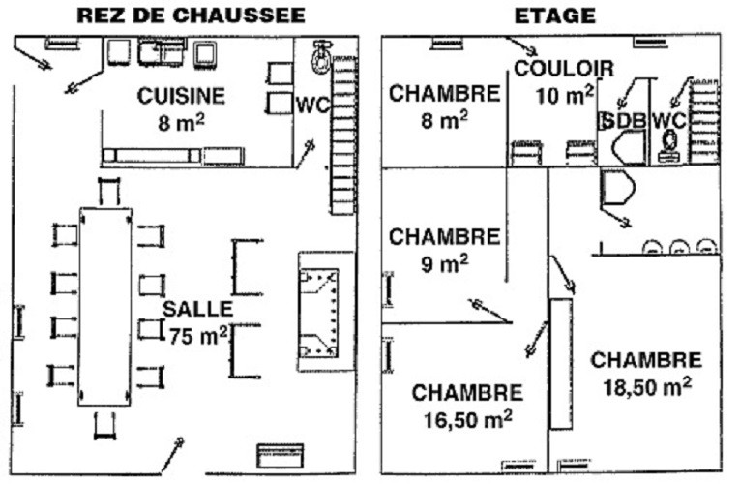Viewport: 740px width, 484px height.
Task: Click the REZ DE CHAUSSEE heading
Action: [191, 15]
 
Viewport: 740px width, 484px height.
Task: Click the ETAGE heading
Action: [554, 15]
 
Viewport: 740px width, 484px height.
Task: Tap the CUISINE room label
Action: [181, 96]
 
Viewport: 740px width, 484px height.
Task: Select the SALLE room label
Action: [197, 309]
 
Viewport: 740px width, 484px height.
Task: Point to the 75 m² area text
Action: [198, 336]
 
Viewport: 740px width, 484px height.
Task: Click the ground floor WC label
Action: [312, 106]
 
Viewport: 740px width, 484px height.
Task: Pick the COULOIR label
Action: [564, 69]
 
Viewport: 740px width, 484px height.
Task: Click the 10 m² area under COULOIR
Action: [565, 96]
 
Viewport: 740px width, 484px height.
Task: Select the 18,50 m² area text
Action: [647, 387]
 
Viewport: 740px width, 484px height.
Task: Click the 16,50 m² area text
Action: [467, 420]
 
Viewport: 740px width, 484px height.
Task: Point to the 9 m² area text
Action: [445, 263]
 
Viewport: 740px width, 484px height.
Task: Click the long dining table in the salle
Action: [104, 307]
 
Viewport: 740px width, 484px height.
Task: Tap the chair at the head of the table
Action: [109, 192]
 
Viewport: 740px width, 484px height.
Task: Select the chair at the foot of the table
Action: [104, 426]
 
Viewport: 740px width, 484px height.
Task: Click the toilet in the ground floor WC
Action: [322, 57]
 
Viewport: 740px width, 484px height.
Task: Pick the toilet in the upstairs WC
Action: [669, 145]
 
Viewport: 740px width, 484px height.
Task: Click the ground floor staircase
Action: [343, 135]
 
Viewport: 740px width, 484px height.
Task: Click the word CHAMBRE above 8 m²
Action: [444, 94]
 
